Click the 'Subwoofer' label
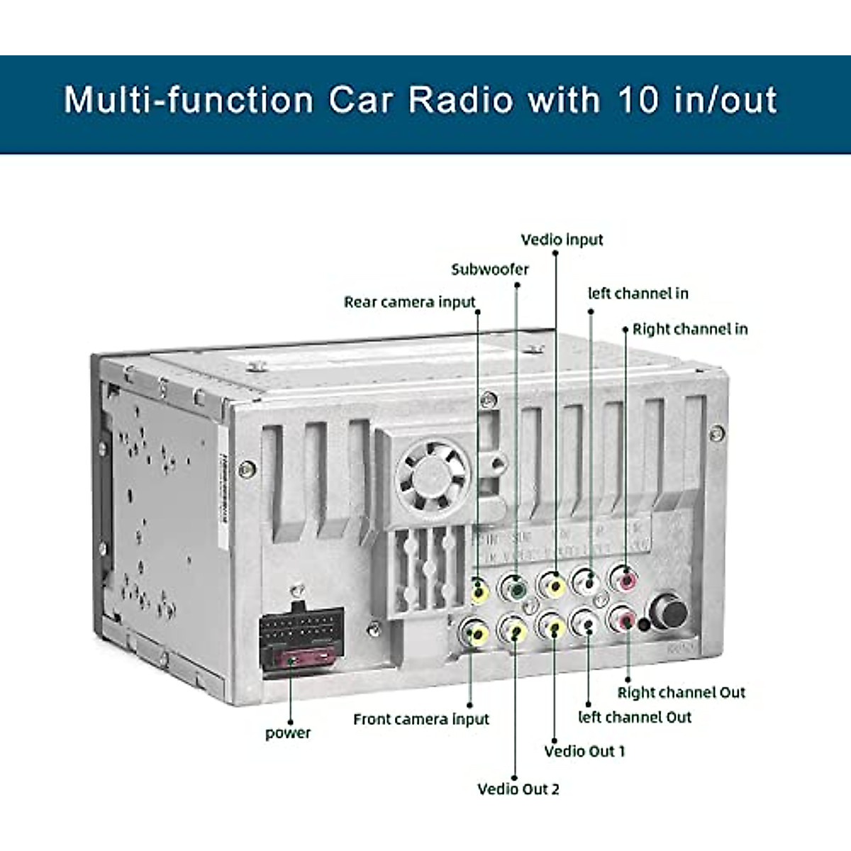click(490, 269)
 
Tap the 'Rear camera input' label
click(409, 302)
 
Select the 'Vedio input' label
click(562, 240)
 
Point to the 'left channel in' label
click(638, 294)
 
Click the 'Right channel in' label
click(689, 329)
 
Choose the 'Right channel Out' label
click(681, 693)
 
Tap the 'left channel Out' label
click(634, 717)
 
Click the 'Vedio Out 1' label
click(584, 751)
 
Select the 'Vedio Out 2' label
click(518, 789)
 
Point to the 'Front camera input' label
click(421, 719)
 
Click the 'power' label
click(288, 733)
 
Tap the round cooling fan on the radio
click(433, 474)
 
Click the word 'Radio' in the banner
click(460, 100)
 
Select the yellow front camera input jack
click(474, 631)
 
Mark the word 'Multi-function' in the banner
click(189, 100)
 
